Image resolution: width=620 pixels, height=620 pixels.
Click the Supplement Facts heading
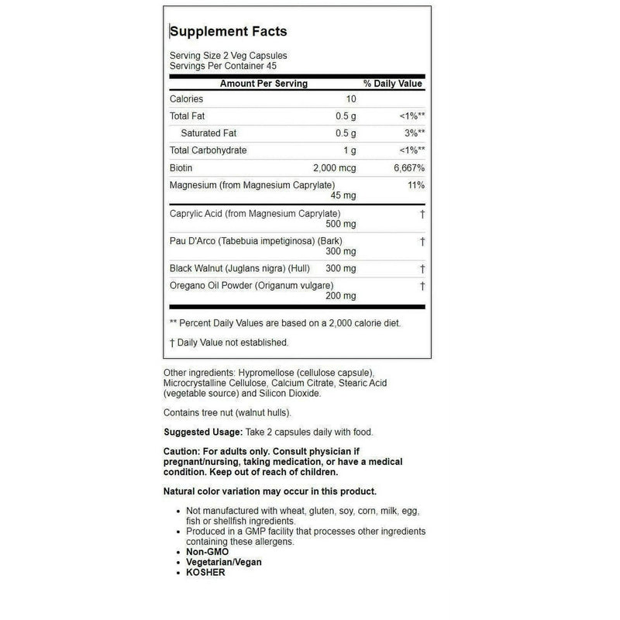228,32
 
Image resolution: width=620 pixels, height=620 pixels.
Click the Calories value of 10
350,99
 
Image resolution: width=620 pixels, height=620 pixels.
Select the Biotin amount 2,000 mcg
334,167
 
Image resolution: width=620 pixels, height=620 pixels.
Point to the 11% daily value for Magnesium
415,184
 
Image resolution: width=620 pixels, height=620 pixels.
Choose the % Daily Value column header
392,83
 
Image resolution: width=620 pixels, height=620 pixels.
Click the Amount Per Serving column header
263,83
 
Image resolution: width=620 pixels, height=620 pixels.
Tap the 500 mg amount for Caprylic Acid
340,224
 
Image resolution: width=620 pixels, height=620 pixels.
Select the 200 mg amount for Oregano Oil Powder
340,296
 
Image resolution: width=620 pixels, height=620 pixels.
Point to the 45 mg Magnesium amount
343,195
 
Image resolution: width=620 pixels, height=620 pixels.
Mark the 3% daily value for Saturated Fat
413,133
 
